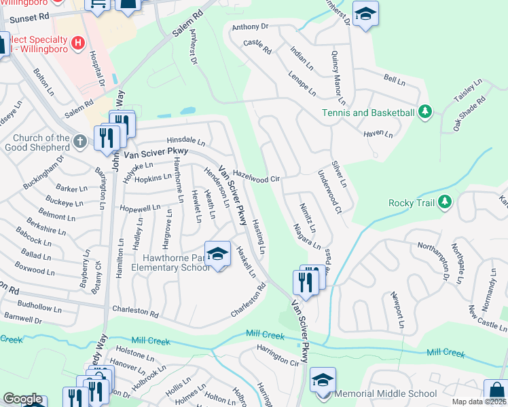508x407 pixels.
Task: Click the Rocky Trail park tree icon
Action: (445, 201)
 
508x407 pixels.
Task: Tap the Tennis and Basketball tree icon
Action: (425, 111)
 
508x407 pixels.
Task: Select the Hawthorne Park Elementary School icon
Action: (217, 255)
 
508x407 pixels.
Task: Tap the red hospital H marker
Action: (78, 43)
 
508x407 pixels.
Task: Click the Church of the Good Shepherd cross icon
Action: (80, 141)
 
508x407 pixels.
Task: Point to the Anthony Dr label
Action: (251, 27)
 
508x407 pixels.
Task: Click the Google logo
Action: (22, 399)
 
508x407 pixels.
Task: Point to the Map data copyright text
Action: (478, 402)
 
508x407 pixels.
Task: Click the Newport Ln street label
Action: (397, 310)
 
